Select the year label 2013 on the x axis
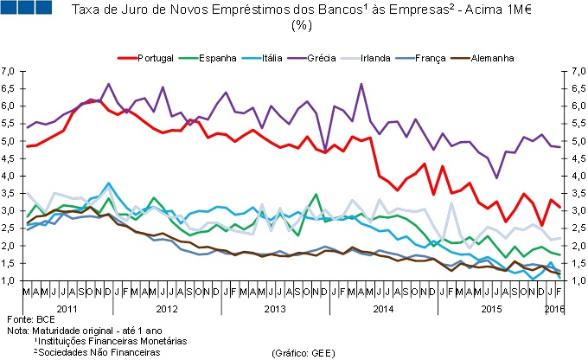(x=275, y=308)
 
